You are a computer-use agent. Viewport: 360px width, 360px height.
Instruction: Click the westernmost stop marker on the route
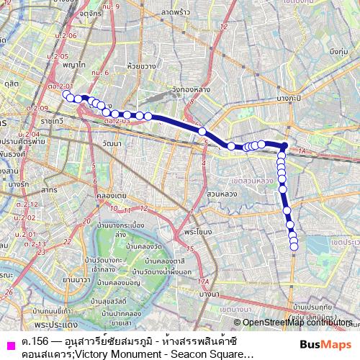click(x=66, y=94)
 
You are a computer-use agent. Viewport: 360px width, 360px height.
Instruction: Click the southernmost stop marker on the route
click(x=294, y=249)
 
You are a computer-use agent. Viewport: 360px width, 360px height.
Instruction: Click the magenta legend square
click(x=9, y=344)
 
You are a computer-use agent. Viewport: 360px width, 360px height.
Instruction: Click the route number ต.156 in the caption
click(x=30, y=339)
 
